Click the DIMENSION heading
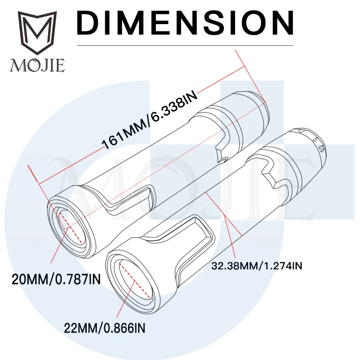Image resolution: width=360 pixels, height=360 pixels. (x=185, y=23)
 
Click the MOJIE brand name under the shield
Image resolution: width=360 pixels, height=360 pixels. (x=37, y=66)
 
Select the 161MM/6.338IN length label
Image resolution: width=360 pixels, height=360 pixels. (x=149, y=120)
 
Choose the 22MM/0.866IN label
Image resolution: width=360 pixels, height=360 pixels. (x=104, y=328)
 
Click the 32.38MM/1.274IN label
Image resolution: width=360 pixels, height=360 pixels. (x=256, y=266)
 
